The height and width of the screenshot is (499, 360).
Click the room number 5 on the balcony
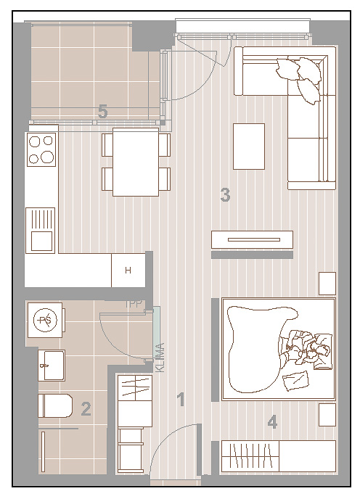(102, 112)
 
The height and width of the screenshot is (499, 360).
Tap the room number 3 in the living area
(225, 195)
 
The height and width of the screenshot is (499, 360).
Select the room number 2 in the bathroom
(86, 409)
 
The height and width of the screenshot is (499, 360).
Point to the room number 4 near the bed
(272, 423)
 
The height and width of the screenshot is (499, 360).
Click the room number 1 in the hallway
(181, 400)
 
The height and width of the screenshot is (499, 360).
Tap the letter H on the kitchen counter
(128, 271)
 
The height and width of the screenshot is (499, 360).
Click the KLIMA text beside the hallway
(160, 358)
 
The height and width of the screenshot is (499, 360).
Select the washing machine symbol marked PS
(45, 320)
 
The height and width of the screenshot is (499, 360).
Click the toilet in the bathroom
(55, 405)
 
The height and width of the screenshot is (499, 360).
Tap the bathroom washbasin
(52, 366)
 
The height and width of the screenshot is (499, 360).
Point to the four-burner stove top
(41, 149)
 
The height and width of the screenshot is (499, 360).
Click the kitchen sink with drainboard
(40, 231)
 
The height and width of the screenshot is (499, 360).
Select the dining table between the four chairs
(136, 162)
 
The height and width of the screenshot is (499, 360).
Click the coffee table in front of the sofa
(249, 147)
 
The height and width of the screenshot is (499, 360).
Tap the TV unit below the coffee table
(252, 239)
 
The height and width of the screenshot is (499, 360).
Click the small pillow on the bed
(296, 380)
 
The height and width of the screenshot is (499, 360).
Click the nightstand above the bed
(327, 284)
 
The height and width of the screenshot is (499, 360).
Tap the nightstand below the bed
(327, 415)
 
